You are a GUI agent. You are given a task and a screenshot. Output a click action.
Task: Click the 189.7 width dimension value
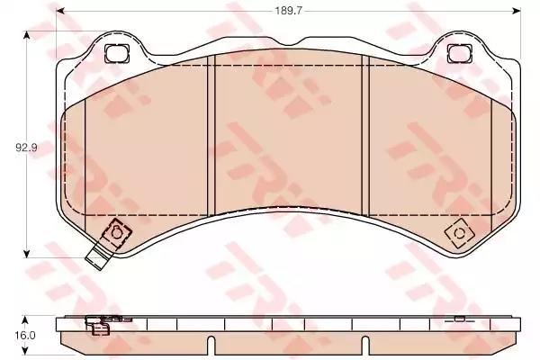(x=288, y=11)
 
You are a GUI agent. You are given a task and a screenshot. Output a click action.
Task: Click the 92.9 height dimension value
(x=26, y=148)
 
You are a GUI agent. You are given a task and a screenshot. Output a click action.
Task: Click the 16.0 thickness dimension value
(x=25, y=335)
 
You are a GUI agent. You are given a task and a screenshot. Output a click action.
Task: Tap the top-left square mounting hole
(x=117, y=54)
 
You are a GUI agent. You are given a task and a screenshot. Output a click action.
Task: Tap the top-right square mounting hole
(x=460, y=54)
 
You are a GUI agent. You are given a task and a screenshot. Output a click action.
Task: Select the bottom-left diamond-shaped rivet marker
(x=117, y=233)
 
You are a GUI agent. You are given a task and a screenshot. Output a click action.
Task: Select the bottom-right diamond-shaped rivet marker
(x=459, y=234)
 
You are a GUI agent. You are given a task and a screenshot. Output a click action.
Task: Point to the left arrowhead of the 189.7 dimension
(x=60, y=11)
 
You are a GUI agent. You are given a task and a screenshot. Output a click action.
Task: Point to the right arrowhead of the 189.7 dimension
(x=517, y=11)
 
